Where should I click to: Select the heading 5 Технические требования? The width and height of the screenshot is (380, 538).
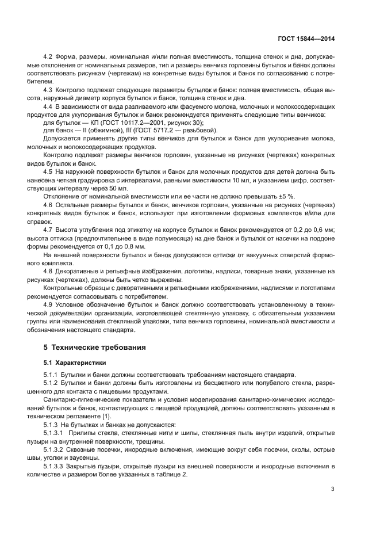click(x=95, y=348)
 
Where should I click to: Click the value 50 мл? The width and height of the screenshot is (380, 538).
click(x=121, y=188)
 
